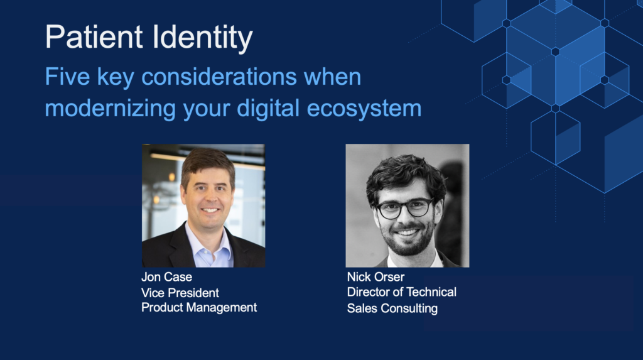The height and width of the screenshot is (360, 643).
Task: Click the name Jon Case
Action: (x=166, y=278)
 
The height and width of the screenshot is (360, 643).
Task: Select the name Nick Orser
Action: (x=376, y=277)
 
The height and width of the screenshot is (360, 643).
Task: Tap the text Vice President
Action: (x=180, y=293)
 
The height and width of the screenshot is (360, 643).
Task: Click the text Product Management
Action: (x=199, y=307)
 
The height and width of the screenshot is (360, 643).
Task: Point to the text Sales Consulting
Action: (x=392, y=308)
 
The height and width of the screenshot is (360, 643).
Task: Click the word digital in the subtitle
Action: (x=267, y=108)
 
